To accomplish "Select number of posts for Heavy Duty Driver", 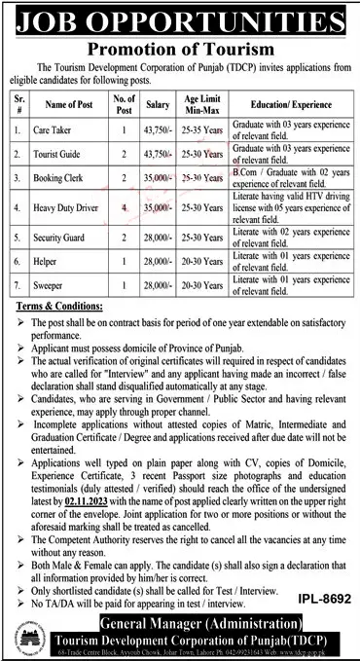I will pos(123,208).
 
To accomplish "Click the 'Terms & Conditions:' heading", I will pos(58,307).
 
